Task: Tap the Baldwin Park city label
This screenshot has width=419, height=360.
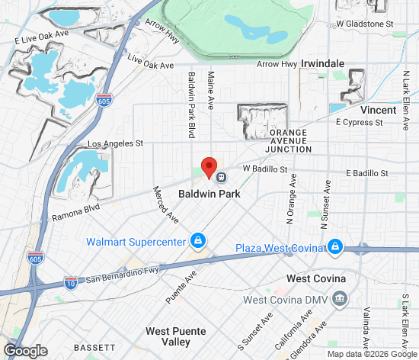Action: (209, 194)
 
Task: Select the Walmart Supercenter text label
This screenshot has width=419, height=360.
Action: (136, 243)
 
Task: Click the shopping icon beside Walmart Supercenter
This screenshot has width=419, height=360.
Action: (198, 241)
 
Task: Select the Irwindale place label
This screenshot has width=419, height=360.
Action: (323, 64)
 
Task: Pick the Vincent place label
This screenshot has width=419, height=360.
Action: (378, 110)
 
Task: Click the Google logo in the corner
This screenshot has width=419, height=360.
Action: (25, 350)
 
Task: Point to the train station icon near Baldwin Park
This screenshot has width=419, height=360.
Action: (222, 177)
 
